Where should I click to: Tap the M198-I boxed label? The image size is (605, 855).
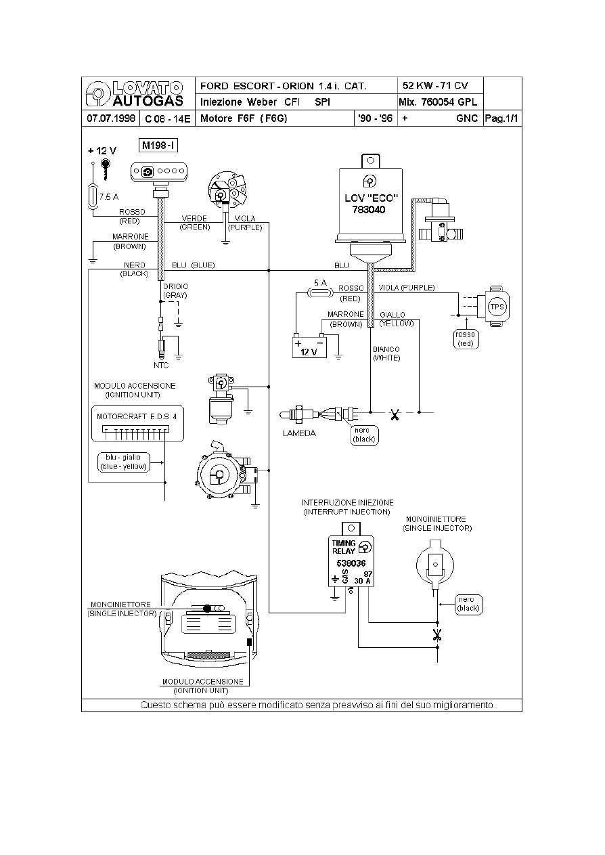click(x=158, y=145)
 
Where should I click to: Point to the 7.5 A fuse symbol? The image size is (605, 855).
click(x=94, y=197)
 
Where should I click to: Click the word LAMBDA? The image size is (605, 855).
click(x=299, y=433)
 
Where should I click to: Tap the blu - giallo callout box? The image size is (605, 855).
click(x=122, y=462)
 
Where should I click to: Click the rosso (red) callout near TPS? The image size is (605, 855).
click(x=466, y=339)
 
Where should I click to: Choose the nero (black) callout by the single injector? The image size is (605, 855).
click(x=468, y=604)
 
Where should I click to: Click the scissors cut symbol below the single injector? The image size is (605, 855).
click(x=436, y=635)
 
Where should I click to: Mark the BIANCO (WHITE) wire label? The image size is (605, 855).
click(x=386, y=354)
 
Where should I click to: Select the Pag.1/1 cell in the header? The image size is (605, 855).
click(x=501, y=118)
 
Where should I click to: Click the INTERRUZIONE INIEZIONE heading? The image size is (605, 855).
click(x=347, y=503)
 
